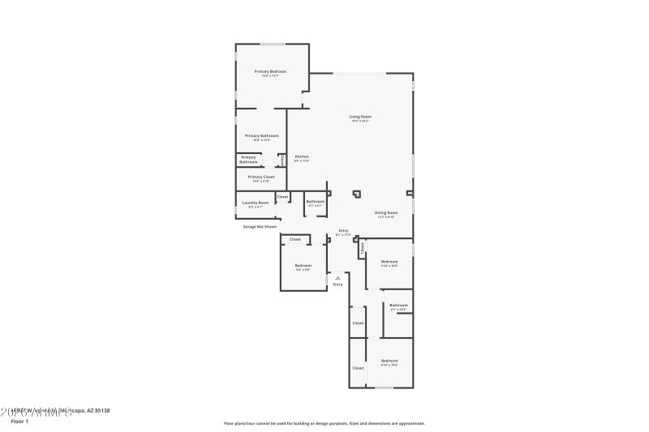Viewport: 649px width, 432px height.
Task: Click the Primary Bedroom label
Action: tap(271, 72)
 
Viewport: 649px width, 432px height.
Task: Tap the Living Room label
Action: tap(360, 117)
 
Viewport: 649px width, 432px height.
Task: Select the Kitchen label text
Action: tap(302, 156)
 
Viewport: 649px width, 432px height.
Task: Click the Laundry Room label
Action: tap(256, 203)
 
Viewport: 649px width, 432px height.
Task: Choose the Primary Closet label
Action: tap(261, 177)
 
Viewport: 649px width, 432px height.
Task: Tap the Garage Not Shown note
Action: tap(260, 227)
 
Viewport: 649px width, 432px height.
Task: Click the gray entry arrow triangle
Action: tap(337, 277)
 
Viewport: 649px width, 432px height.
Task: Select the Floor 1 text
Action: tap(19, 421)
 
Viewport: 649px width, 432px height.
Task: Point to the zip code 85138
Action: tap(101, 411)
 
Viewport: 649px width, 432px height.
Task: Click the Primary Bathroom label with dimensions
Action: tap(263, 135)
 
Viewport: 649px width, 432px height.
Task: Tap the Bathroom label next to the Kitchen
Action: tap(316, 201)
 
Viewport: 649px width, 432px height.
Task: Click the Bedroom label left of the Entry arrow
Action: tap(303, 266)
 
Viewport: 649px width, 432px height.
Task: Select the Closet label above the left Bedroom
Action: tap(295, 239)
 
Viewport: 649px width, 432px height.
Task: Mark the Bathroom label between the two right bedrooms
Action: tap(398, 305)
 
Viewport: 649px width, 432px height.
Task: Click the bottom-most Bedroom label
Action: tap(389, 361)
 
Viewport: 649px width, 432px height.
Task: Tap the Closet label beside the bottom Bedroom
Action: tap(358, 368)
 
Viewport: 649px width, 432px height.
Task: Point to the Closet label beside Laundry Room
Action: tap(282, 197)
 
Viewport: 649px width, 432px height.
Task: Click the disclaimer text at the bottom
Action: tap(324, 423)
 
